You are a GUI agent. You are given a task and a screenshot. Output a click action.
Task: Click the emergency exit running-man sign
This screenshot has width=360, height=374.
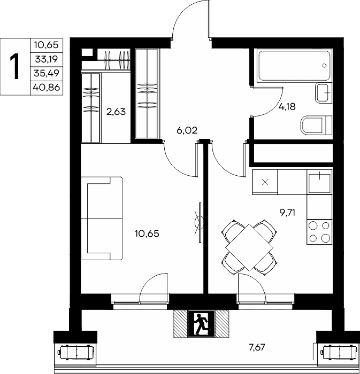tap(201, 324)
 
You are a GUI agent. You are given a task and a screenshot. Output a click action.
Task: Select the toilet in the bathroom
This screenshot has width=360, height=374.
tap(316, 125)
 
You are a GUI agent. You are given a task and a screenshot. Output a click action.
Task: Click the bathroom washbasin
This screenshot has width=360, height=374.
tap(324, 93)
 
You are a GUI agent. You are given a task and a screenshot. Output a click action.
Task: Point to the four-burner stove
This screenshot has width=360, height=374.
tap(319, 232)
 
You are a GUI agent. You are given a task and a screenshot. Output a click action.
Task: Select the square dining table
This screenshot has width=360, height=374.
tap(249, 247)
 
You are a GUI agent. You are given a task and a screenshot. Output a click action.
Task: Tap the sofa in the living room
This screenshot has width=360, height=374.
tap(102, 218)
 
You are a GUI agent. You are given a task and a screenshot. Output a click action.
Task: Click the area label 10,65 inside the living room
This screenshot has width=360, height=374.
tap(147, 233)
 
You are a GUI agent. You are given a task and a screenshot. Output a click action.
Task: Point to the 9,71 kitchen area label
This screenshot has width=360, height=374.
tap(287, 212)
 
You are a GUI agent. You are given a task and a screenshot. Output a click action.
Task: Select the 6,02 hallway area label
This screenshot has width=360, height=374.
tap(187, 130)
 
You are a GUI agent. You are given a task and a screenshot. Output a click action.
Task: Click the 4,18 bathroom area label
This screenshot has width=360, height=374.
tap(287, 107)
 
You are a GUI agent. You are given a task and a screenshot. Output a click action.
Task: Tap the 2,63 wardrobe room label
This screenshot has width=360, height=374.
tap(116, 112)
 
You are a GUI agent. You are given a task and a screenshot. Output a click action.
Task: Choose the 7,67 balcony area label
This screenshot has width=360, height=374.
tap(257, 347)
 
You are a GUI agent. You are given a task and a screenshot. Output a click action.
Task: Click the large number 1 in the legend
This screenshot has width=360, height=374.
tap(16, 67)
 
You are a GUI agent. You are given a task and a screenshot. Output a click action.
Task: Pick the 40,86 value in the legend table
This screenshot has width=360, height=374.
tap(47, 88)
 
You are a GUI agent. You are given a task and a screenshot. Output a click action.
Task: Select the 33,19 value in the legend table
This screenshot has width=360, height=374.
tap(47, 59)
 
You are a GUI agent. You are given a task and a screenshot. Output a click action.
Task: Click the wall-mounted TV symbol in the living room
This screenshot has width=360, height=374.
tap(200, 223)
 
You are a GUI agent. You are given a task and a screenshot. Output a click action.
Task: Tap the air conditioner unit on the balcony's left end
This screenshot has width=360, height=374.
tap(76, 352)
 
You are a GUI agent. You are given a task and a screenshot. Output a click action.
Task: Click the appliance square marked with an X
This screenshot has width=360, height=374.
tap(265, 182)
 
